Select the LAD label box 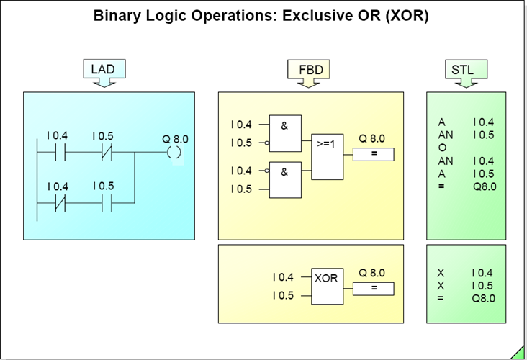(103, 69)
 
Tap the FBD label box (310, 69)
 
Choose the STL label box (462, 69)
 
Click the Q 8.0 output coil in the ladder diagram (173, 153)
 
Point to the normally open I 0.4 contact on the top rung (57, 153)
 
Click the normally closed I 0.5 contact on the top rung (103, 153)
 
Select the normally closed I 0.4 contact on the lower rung (57, 203)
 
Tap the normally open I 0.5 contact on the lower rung (103, 203)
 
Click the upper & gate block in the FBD (285, 133)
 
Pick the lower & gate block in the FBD (285, 180)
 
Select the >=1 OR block (328, 156)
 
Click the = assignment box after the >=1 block (373, 154)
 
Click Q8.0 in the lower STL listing (484, 298)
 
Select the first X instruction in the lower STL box (441, 273)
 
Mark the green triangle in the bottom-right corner (520, 353)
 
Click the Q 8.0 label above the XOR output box (371, 273)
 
